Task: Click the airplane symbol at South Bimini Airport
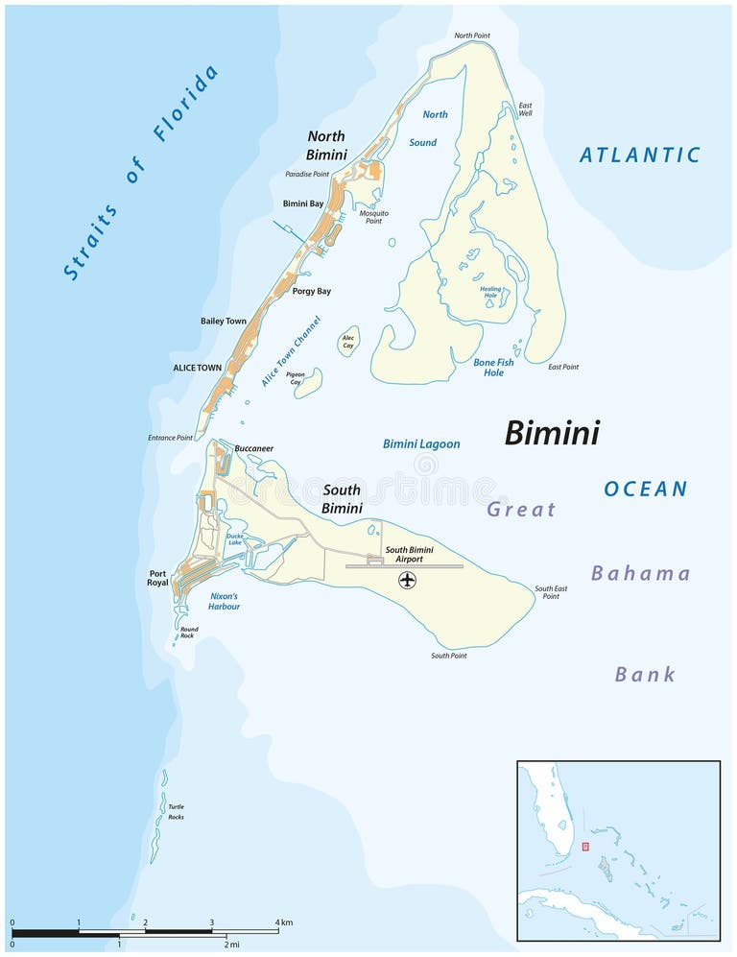[x=408, y=581]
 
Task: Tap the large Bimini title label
[x=552, y=433]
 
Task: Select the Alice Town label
[x=197, y=368]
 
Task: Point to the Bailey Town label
[x=223, y=322]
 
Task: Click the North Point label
[x=471, y=36]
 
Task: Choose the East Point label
[x=563, y=367]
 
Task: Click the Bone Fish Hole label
[x=493, y=368]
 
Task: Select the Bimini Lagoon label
[x=421, y=444]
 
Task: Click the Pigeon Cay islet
[x=308, y=383]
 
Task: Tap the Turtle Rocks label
[x=176, y=812]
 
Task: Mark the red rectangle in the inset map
[x=584, y=847]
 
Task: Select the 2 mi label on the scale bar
[x=231, y=945]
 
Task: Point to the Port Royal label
[x=157, y=579]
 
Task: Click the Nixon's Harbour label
[x=225, y=601]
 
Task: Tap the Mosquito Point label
[x=373, y=217]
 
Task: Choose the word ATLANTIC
[x=640, y=155]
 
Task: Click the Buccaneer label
[x=253, y=448]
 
